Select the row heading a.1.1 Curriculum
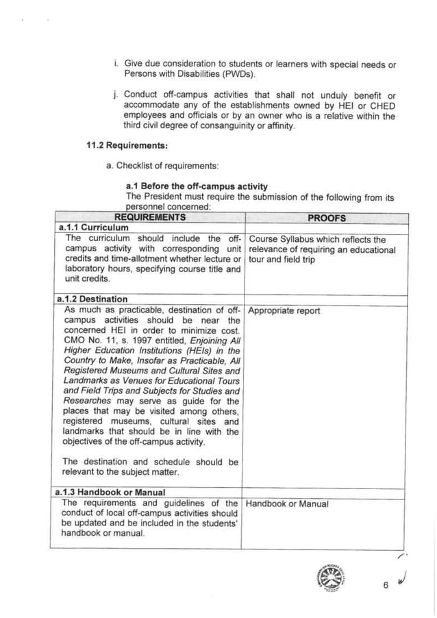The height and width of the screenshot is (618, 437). click(x=90, y=228)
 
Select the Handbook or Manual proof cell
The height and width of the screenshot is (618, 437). click(x=287, y=504)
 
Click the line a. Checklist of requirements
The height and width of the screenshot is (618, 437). click(x=153, y=166)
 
